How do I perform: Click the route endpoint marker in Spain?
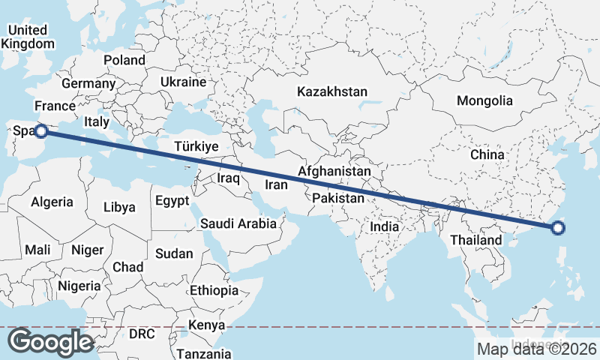[x=41, y=130]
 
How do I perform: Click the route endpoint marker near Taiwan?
[x=556, y=228]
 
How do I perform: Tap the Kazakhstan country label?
[x=332, y=91]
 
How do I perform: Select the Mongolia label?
[x=484, y=100]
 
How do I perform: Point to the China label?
[x=487, y=154]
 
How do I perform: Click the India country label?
[x=384, y=226]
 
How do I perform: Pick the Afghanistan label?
[x=334, y=172]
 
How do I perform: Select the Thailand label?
[x=475, y=240]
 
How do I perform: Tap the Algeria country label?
[x=52, y=202]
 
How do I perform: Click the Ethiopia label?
[x=214, y=290]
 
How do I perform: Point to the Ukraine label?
[x=183, y=82]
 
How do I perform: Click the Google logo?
[x=50, y=342]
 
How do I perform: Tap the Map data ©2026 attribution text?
[x=536, y=349]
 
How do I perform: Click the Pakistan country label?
[x=338, y=198]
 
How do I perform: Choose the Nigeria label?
[x=79, y=286]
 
